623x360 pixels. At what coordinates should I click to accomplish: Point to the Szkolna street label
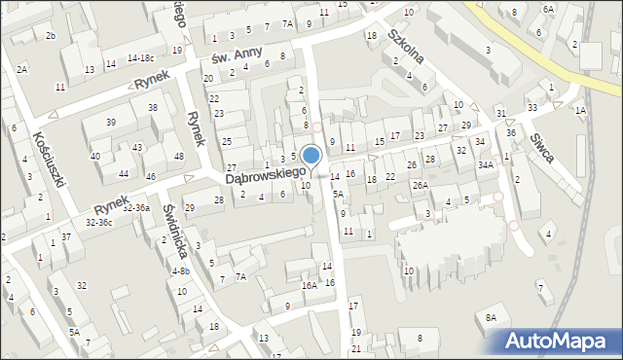(x=404, y=47)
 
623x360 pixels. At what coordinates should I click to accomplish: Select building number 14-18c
(x=145, y=59)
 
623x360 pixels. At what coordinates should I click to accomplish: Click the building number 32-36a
(x=137, y=208)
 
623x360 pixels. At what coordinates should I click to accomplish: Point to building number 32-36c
(x=99, y=223)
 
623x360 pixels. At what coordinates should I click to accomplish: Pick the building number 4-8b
(x=180, y=271)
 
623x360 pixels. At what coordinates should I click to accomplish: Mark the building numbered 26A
(x=420, y=185)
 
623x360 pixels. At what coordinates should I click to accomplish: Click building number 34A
(x=486, y=165)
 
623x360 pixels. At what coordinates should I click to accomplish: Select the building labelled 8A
(x=492, y=317)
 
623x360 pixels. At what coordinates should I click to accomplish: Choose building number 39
(x=112, y=122)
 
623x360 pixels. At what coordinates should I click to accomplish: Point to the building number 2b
(x=51, y=36)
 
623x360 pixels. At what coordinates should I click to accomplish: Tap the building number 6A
(x=548, y=9)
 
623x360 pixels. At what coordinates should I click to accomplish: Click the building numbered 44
(x=124, y=173)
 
